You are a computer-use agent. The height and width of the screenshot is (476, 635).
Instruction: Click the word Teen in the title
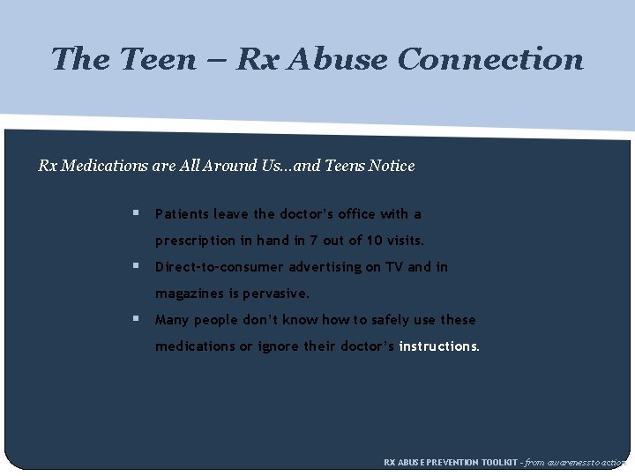160,59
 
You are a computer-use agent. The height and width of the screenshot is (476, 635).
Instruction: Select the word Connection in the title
489,59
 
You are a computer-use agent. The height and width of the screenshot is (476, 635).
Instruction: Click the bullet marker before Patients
136,213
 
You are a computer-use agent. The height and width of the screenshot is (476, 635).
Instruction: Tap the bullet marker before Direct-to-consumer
136,266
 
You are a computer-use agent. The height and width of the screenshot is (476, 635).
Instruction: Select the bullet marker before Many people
136,319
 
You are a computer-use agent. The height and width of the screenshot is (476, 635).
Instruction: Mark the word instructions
439,346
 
